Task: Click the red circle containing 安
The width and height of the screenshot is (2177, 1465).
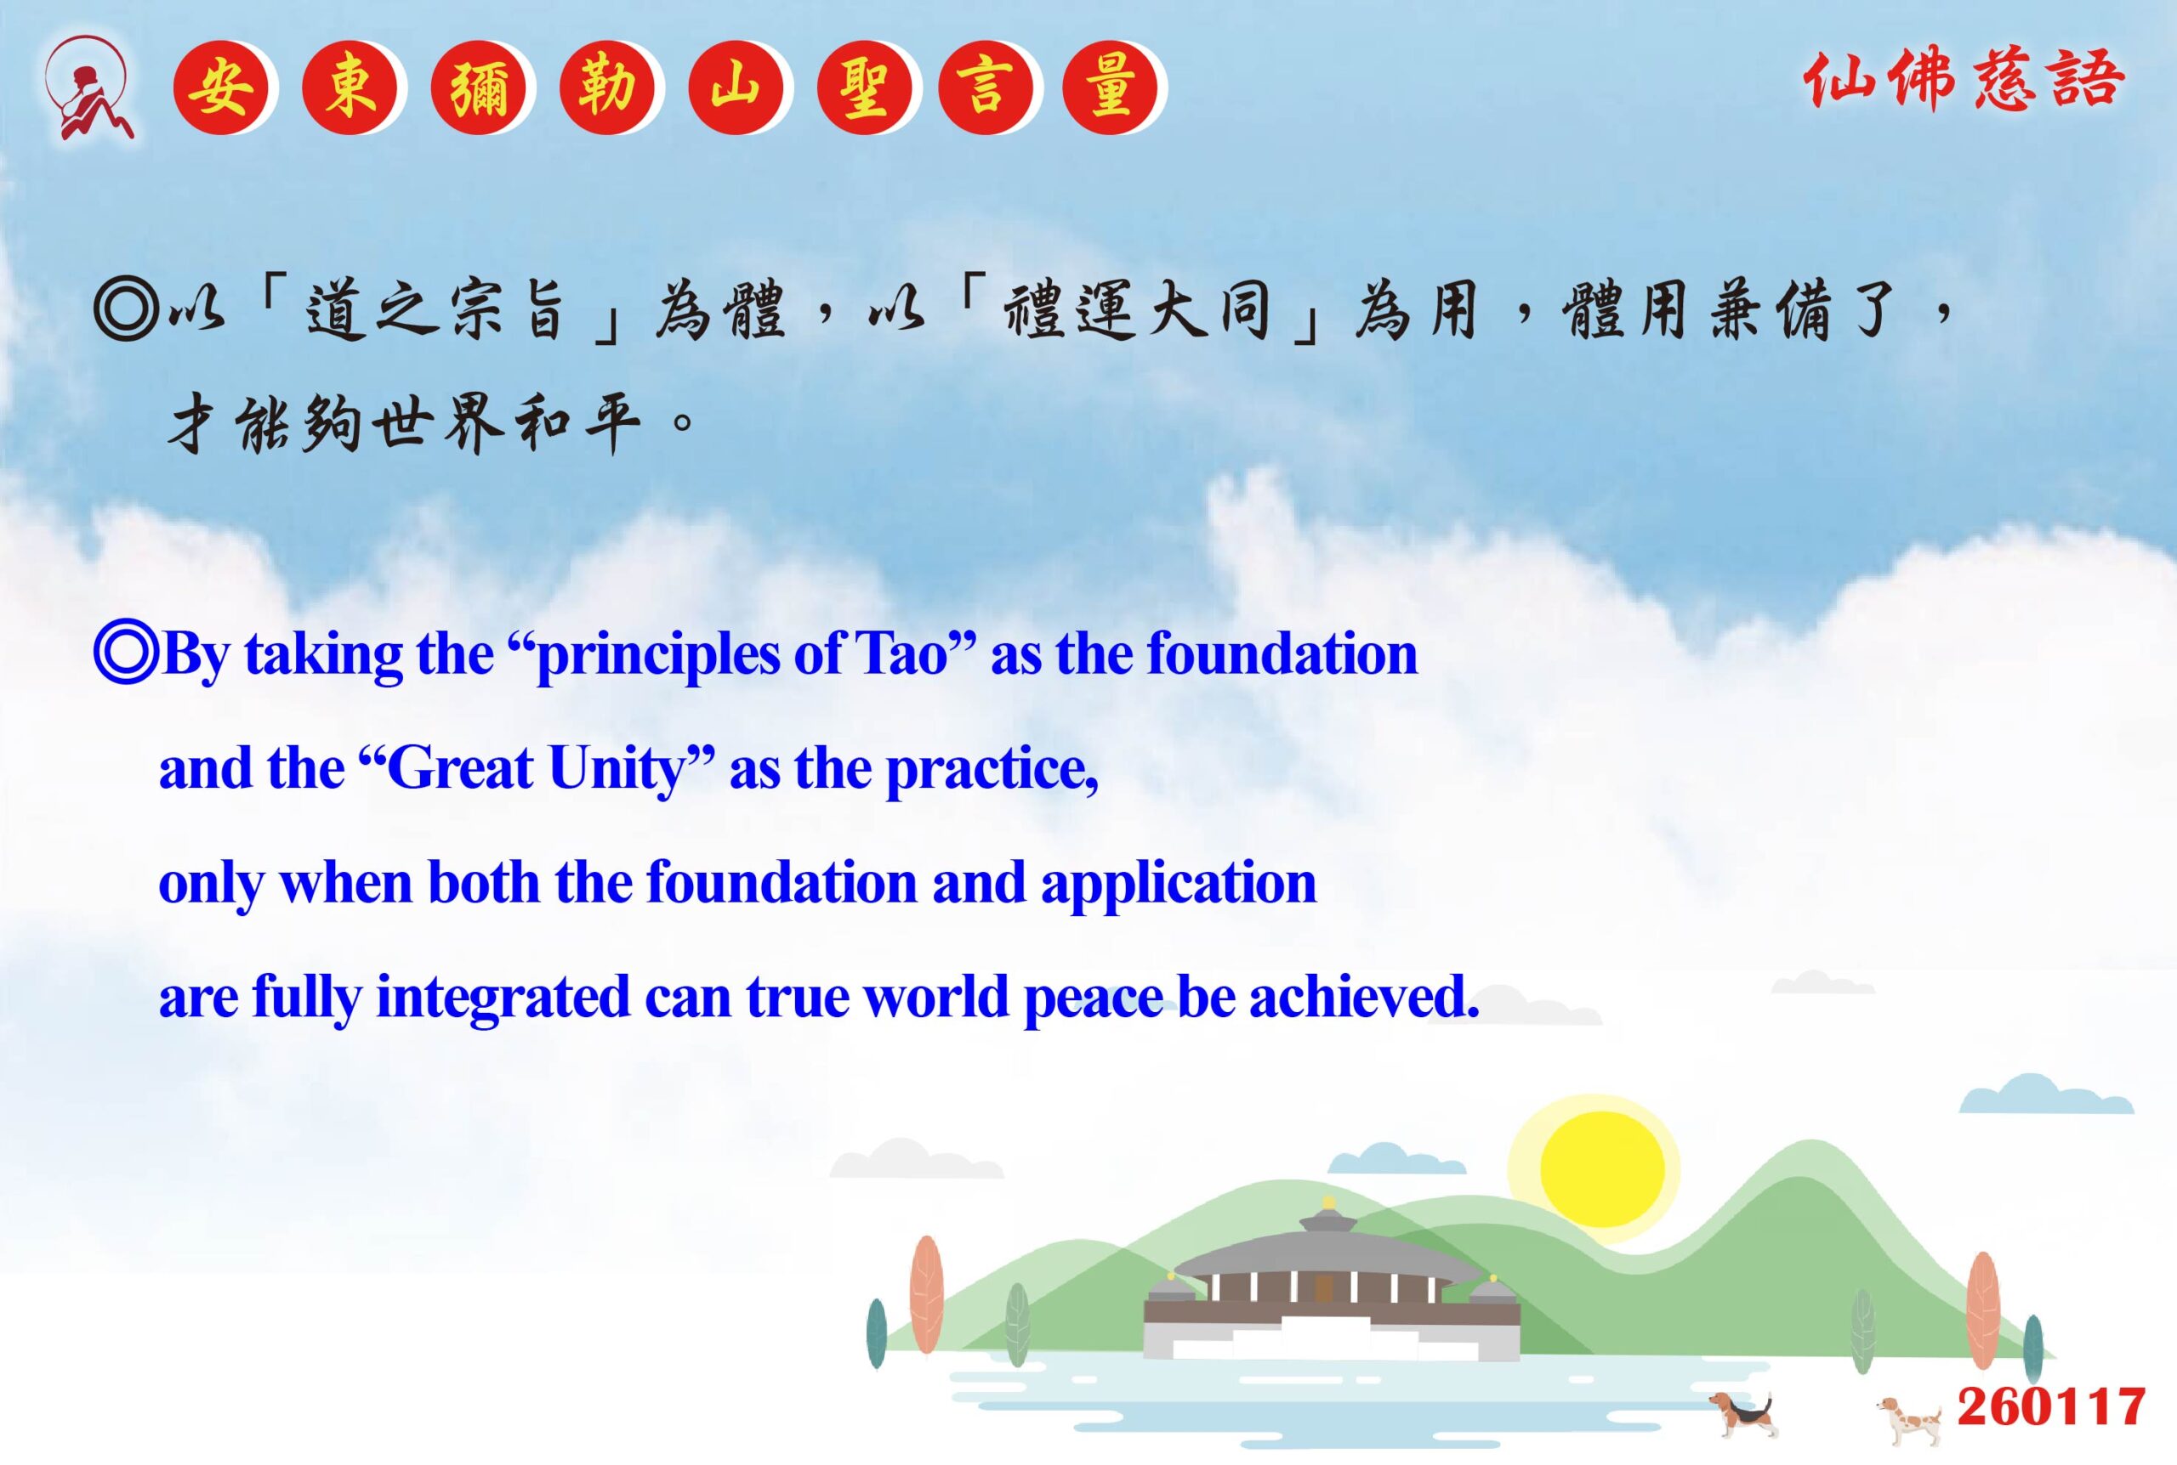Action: coord(220,88)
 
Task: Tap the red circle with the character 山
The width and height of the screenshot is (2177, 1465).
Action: coord(736,88)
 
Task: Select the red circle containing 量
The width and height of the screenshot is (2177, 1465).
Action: coord(1110,88)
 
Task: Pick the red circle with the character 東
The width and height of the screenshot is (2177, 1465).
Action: coord(350,88)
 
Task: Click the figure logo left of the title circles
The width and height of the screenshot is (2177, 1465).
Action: coord(88,88)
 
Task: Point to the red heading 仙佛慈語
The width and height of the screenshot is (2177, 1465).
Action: coord(1964,81)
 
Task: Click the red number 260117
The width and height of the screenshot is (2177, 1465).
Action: coord(2051,1407)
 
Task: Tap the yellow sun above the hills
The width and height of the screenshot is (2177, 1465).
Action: coord(1602,1168)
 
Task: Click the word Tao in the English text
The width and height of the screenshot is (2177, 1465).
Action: coord(902,653)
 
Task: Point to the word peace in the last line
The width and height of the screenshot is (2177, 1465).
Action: coord(1094,998)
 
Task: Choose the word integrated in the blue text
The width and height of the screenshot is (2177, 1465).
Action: coord(503,997)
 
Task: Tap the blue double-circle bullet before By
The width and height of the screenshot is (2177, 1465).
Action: coord(125,654)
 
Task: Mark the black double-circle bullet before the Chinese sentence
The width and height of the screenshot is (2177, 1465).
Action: coord(125,309)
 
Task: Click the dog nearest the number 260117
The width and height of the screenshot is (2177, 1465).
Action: coord(1910,1418)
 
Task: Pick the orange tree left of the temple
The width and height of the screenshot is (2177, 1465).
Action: coord(926,1293)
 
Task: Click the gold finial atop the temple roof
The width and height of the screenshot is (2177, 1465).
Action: coord(1329,1202)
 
